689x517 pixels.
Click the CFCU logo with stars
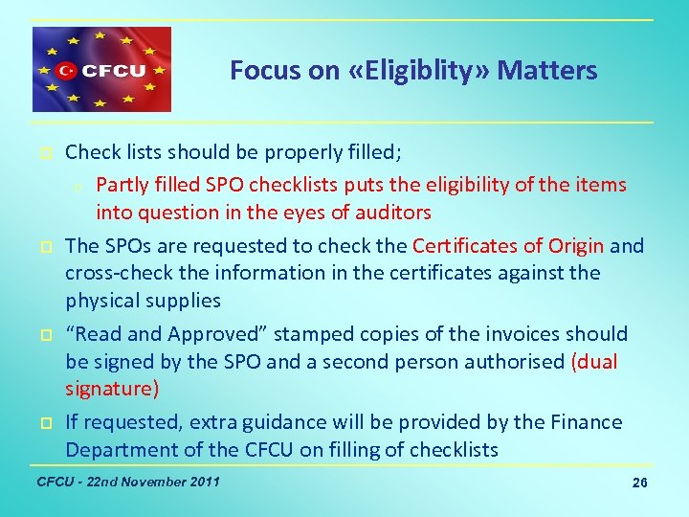click(101, 70)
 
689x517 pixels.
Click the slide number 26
click(640, 483)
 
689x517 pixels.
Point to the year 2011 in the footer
click(202, 481)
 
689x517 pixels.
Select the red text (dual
click(594, 362)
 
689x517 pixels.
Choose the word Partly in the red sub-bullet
click(122, 185)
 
